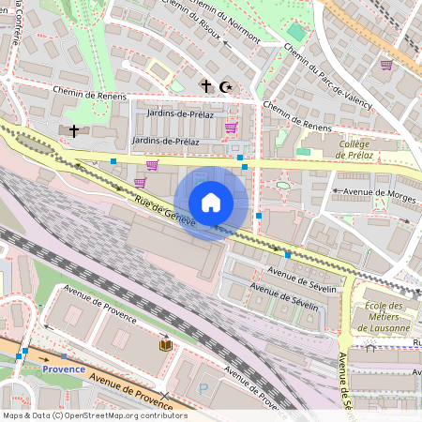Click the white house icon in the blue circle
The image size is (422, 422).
coord(211,203)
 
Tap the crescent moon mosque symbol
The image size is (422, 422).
coord(224,86)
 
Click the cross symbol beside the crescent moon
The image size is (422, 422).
coord(206,86)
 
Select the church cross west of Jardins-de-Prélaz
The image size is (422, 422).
coord(73,130)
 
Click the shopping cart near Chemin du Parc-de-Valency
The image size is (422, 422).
coord(386,65)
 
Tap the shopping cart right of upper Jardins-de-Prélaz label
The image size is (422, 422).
coord(231,127)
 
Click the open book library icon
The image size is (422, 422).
coord(166,345)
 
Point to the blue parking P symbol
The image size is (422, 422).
coord(203,388)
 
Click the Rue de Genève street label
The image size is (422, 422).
coord(164,208)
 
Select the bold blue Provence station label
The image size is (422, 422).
coord(64,369)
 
